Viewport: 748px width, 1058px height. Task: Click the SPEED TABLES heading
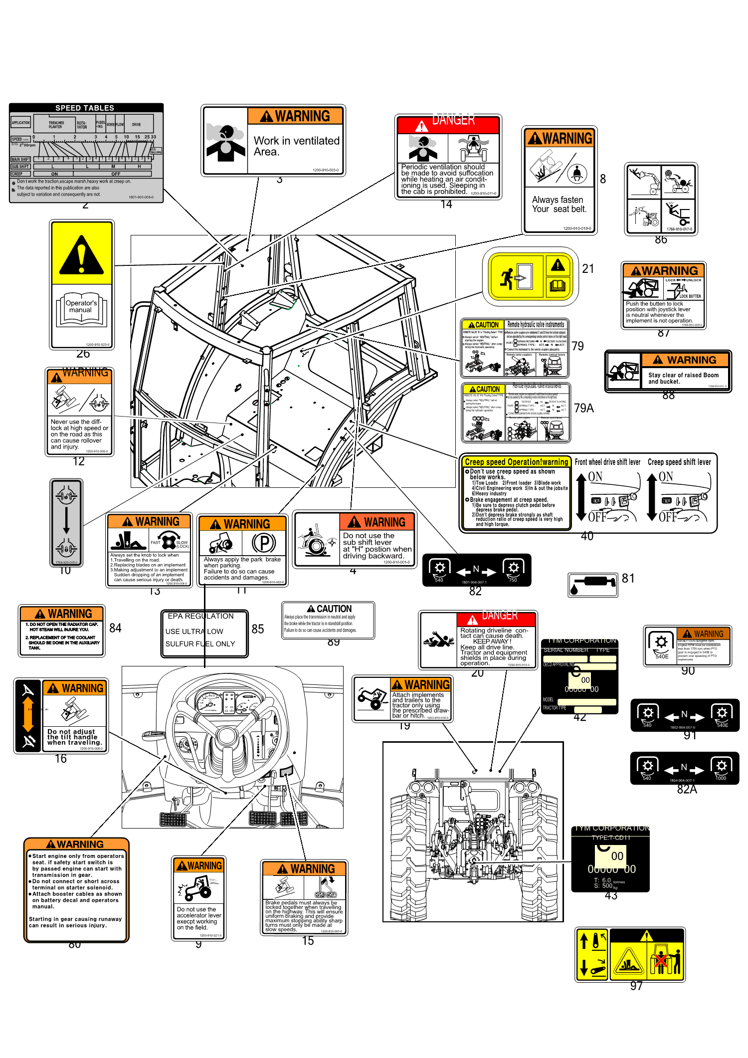(x=85, y=108)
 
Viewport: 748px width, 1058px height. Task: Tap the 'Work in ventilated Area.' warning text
(x=296, y=146)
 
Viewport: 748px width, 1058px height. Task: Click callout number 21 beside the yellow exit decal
(x=588, y=269)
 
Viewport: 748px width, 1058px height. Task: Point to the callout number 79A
(x=583, y=409)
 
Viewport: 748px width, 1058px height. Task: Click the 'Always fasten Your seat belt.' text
(x=559, y=205)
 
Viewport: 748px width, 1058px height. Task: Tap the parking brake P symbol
(x=264, y=543)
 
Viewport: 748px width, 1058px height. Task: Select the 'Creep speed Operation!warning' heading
(x=516, y=462)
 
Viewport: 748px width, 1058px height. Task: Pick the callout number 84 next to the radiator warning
(x=115, y=628)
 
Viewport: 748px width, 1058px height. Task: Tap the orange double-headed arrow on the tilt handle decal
(x=28, y=715)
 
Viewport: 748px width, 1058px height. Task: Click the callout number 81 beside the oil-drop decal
(x=628, y=579)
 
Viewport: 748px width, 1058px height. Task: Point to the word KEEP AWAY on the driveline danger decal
(x=491, y=641)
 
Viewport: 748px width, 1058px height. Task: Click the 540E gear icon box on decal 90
(x=661, y=645)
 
